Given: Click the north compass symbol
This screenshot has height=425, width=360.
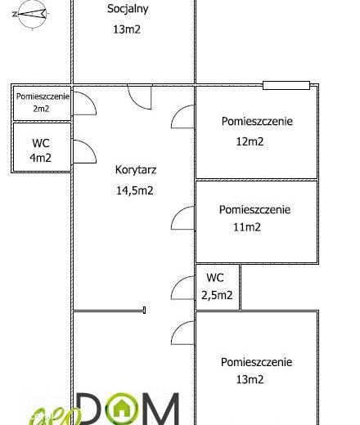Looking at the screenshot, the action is tap(32, 14).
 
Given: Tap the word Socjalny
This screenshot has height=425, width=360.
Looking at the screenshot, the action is tap(128, 9).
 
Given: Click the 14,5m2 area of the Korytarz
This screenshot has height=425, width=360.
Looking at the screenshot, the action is tap(135, 190).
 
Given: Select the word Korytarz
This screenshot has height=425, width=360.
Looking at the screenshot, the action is tap(136, 170).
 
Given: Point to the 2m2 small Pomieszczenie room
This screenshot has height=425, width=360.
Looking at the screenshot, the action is tap(42, 103).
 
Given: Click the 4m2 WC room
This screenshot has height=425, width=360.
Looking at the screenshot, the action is tap(42, 147).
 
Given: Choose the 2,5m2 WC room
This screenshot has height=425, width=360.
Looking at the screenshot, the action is tap(218, 287).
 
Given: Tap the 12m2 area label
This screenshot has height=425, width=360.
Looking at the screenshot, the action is tap(250, 141).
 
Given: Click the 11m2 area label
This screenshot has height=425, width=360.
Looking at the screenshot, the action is tap(247, 227).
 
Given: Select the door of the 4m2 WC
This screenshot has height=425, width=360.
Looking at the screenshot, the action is tap(84, 152).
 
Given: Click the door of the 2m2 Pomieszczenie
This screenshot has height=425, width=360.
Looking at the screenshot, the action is tap(84, 103).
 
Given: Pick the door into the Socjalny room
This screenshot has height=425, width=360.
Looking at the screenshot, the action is tap(140, 97).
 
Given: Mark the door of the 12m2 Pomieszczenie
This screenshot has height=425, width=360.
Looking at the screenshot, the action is tap(182, 117).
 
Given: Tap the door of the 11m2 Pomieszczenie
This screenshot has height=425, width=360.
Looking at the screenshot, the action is tap(182, 217).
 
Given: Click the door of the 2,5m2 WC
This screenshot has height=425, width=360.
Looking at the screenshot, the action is tap(182, 288).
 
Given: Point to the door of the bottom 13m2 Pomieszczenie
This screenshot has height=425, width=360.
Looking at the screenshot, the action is tap(182, 333).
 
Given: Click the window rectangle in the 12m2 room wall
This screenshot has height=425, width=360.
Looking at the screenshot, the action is tap(286, 85).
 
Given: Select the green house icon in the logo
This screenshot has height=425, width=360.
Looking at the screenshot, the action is tap(122, 409).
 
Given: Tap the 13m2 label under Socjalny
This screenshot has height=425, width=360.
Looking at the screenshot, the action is tap(127, 29).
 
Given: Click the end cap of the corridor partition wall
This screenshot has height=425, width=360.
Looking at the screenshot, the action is tap(144, 310).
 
